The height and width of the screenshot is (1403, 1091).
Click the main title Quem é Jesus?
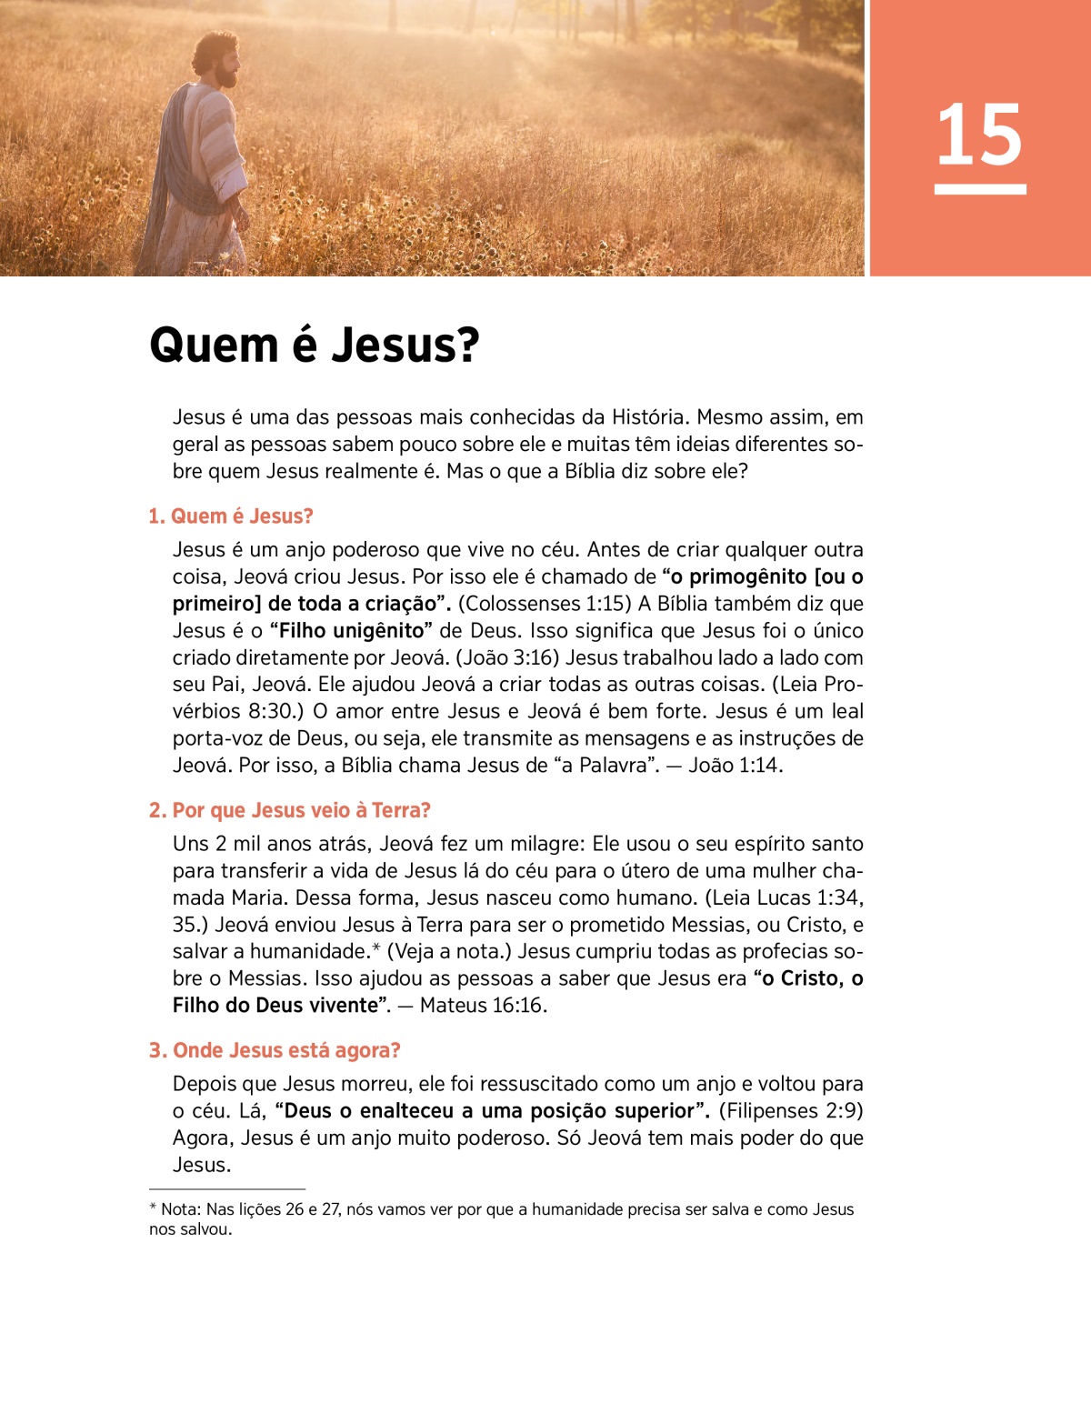(x=314, y=346)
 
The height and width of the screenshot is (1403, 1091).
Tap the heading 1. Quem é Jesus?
(x=231, y=516)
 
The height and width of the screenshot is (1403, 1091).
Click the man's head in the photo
(x=218, y=58)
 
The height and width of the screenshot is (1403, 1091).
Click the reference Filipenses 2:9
(x=790, y=1111)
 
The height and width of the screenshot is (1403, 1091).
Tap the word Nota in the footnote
(x=180, y=1209)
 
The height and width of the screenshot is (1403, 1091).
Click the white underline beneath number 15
(x=980, y=189)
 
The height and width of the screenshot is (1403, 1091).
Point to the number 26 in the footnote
(x=295, y=1209)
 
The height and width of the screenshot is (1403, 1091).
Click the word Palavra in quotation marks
(x=620, y=766)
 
